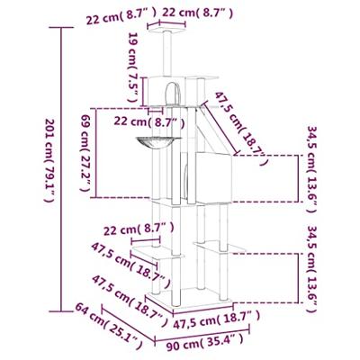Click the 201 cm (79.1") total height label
(49, 160)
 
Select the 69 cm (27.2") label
(85, 156)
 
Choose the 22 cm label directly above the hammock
(149, 122)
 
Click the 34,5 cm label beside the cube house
(312, 169)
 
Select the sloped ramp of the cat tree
(215, 129)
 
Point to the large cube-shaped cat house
(213, 177)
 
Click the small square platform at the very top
(167, 30)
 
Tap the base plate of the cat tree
(190, 298)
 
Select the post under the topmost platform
(167, 53)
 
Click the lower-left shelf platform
(157, 253)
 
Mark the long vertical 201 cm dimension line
(61, 169)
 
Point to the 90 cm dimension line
(202, 335)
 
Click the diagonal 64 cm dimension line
(129, 323)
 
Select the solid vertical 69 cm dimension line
(96, 153)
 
